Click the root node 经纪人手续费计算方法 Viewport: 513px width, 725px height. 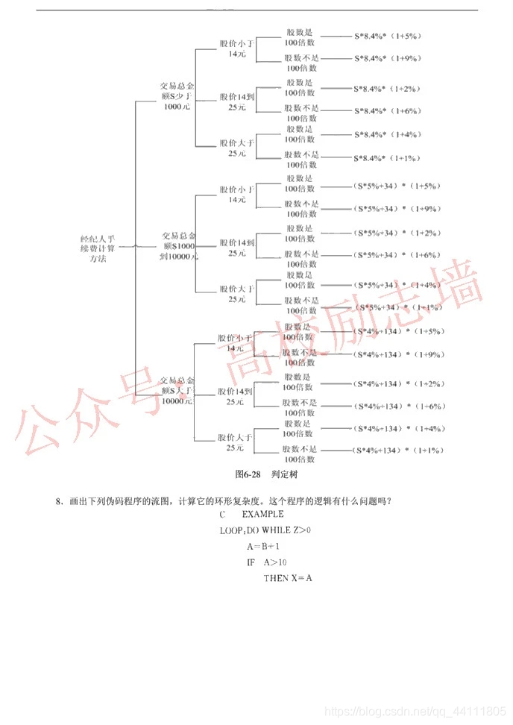coord(98,248)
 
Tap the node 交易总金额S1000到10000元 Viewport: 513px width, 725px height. coord(179,245)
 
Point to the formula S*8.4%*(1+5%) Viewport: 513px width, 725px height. coord(387,35)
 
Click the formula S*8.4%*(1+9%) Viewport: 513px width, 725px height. coord(387,58)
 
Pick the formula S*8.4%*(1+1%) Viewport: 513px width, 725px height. coord(387,158)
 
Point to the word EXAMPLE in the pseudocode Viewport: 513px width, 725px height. coord(262,514)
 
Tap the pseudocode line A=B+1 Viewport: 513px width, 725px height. coord(262,546)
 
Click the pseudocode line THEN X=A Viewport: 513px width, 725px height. coord(288,578)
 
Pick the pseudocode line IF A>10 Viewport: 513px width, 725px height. coord(266,562)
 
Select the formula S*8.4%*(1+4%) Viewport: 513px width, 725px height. coord(387,134)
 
